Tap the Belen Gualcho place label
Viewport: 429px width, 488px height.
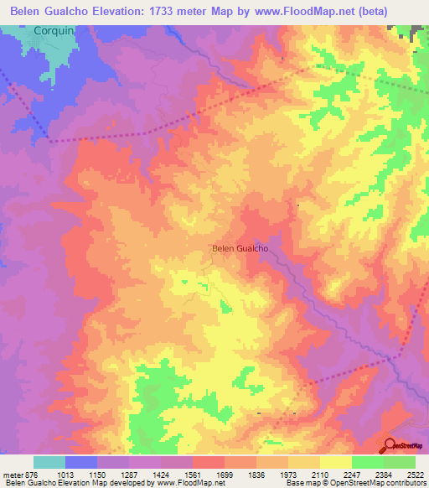(x=240, y=248)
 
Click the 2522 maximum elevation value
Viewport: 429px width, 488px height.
(x=414, y=474)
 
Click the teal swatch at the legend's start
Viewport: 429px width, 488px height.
(x=49, y=462)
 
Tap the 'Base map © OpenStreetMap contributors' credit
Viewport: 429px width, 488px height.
(x=354, y=483)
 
